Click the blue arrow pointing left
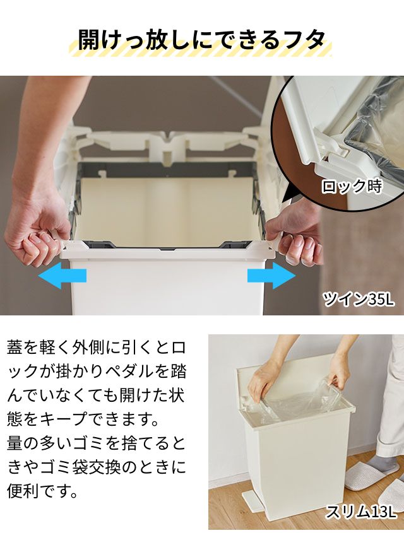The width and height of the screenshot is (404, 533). tap(62, 276)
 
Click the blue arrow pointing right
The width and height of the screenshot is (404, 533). tap(271, 276)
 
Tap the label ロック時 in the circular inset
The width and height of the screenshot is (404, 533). tap(352, 186)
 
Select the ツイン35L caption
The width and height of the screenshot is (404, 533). tap(359, 299)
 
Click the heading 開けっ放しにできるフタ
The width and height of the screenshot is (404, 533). tap(201, 40)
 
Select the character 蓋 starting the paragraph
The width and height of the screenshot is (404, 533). tap(15, 348)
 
